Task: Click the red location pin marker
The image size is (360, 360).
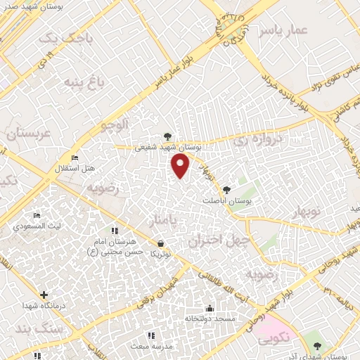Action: point(181,166)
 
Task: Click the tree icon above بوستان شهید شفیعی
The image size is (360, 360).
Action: point(167,136)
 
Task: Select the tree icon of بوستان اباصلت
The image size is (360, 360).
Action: point(226,189)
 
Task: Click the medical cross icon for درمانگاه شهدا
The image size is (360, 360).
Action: point(44,295)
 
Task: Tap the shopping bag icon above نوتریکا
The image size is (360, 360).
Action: point(162,243)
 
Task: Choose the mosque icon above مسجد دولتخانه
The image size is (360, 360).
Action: point(209,308)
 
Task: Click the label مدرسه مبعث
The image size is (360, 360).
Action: point(148,347)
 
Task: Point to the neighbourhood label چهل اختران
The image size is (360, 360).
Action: point(215,240)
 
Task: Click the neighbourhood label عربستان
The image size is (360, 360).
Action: point(28,133)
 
